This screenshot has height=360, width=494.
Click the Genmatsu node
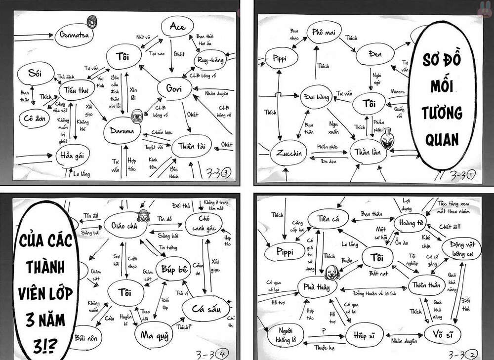[74, 36]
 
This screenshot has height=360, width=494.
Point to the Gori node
[174, 89]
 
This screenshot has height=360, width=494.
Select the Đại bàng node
[316, 97]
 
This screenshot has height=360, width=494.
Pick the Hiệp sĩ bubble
[363, 336]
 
